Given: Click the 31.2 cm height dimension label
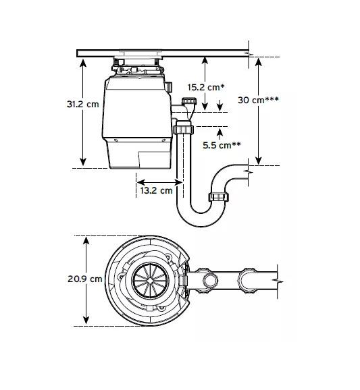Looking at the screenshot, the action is click(x=82, y=104).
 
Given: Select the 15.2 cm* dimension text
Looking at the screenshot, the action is click(x=206, y=87).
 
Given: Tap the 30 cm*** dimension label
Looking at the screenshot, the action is click(x=258, y=100).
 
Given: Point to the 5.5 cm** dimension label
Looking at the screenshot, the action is click(x=222, y=145).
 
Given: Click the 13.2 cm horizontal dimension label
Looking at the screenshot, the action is click(x=156, y=190).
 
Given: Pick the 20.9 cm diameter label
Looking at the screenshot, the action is click(x=85, y=279).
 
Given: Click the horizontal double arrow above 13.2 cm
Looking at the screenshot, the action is click(x=159, y=182).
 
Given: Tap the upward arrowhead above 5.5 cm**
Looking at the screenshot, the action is click(x=220, y=133).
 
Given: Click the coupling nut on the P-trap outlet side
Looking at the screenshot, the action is click(x=218, y=197).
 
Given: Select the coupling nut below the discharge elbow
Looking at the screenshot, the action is click(x=184, y=129).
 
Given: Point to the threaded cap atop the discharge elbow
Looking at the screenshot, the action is click(x=189, y=101).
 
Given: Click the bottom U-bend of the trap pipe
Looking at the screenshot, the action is click(x=201, y=219).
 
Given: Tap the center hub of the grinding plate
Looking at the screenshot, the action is click(x=151, y=280).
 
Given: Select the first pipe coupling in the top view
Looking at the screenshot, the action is click(x=207, y=281).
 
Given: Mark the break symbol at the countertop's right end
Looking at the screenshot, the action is click(x=249, y=54).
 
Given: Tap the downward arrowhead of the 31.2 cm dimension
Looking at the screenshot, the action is click(x=83, y=162).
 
